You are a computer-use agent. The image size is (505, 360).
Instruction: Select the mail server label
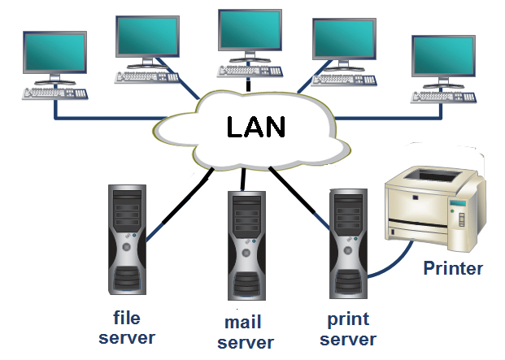click(246, 333)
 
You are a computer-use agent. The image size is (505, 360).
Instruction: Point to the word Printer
click(453, 268)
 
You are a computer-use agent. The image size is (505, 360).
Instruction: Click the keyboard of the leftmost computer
click(54, 93)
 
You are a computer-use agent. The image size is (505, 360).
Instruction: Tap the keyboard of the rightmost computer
click(444, 95)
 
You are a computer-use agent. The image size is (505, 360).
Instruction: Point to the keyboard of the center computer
click(249, 70)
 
